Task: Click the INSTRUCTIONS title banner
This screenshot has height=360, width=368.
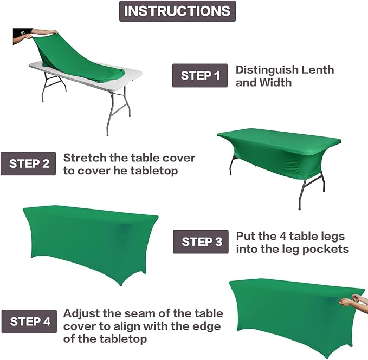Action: coord(177,11)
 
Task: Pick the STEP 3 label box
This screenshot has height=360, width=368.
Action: coord(201,242)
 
